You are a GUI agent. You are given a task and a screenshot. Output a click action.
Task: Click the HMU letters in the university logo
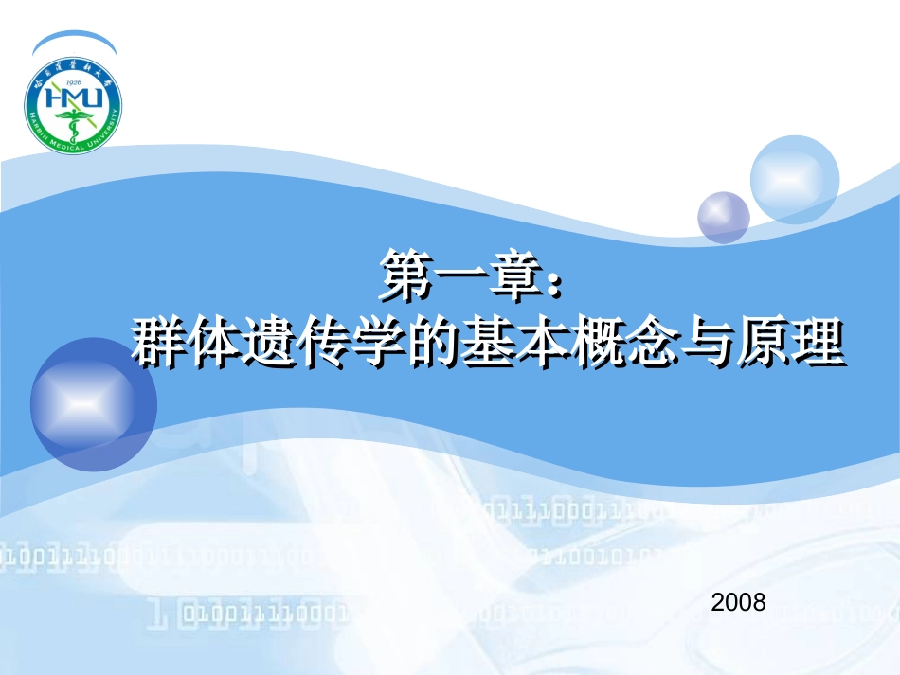73,97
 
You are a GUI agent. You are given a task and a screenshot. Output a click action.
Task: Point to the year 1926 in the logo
73,81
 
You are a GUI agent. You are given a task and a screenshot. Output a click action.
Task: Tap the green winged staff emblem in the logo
73,121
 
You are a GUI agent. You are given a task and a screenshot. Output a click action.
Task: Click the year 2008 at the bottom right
738,601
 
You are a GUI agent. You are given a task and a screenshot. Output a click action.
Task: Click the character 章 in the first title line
512,275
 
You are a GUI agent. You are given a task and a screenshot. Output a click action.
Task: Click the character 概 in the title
595,343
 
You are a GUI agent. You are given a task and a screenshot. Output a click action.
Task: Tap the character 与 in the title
704,343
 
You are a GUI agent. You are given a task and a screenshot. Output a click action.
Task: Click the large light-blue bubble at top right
795,180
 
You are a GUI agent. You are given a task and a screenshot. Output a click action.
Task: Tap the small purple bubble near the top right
723,217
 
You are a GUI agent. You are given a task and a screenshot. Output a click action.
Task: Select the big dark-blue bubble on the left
92,404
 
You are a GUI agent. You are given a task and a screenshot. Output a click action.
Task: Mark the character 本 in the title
540,343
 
